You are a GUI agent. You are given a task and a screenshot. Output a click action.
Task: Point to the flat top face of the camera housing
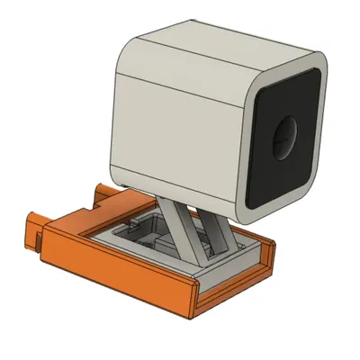click(x=216, y=45)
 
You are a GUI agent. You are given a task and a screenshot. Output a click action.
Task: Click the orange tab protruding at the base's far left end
click(x=31, y=229)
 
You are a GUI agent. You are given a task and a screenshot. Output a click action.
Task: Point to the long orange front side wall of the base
click(x=117, y=270)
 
